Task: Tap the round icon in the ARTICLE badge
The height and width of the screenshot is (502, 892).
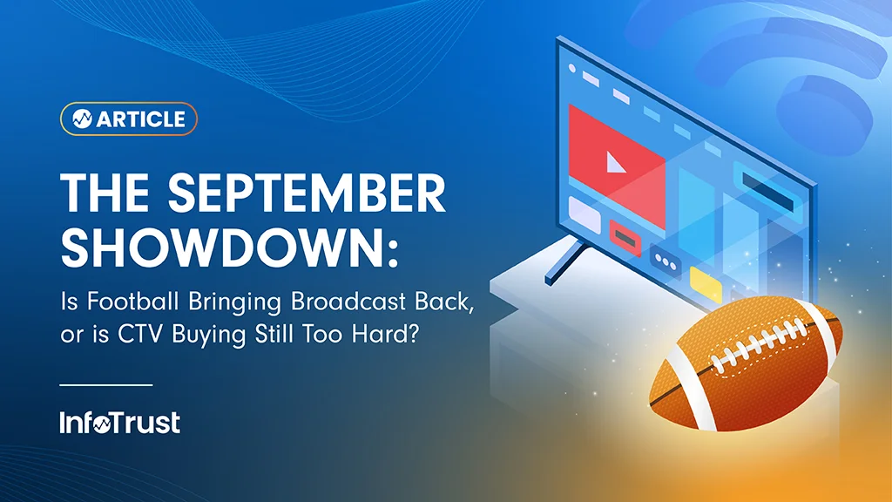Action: click(83, 119)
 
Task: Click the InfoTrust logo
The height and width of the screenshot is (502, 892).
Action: click(120, 424)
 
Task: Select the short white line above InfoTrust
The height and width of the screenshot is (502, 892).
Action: click(106, 384)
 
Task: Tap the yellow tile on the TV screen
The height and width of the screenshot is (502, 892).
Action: click(705, 281)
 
